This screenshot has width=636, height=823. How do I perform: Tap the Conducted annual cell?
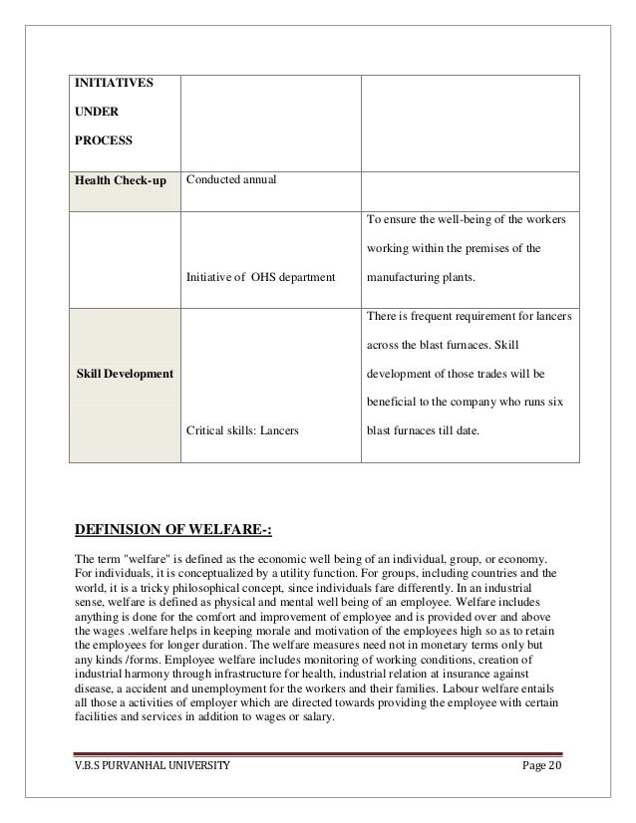[x=231, y=180]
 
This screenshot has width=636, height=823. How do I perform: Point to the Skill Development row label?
[x=125, y=374]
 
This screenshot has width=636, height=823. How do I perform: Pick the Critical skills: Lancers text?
[x=249, y=431]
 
